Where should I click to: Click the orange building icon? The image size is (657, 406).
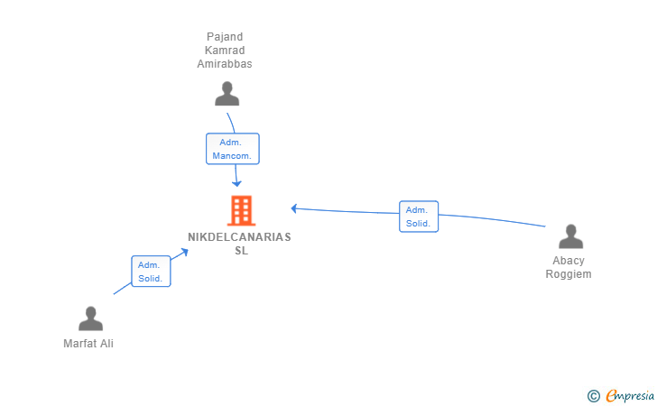click(x=242, y=211)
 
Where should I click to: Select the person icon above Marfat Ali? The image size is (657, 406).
click(x=90, y=318)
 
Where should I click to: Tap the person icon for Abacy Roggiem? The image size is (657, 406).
click(x=570, y=236)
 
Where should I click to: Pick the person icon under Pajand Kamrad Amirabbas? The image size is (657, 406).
click(x=227, y=94)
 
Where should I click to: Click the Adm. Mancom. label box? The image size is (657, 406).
click(x=233, y=149)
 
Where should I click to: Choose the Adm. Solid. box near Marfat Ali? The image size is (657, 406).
click(x=151, y=271)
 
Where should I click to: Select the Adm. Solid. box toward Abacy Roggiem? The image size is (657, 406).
click(x=419, y=217)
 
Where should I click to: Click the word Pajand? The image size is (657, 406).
click(x=225, y=37)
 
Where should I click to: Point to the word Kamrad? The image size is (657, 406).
click(x=225, y=51)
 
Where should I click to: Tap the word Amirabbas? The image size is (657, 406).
click(x=225, y=64)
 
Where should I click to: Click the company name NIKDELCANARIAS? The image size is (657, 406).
click(x=239, y=237)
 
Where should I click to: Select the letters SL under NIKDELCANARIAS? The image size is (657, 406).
click(x=241, y=251)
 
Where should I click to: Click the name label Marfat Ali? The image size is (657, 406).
click(x=88, y=344)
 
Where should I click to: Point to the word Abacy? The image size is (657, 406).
click(x=569, y=261)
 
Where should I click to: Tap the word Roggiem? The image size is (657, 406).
click(x=569, y=274)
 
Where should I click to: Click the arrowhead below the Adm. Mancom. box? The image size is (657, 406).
click(x=236, y=183)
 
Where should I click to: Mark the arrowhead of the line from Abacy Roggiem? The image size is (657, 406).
click(x=294, y=208)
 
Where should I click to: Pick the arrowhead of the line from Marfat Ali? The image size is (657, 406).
click(x=184, y=252)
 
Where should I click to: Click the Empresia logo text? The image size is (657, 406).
click(x=630, y=395)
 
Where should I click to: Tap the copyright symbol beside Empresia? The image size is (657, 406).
click(x=594, y=396)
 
